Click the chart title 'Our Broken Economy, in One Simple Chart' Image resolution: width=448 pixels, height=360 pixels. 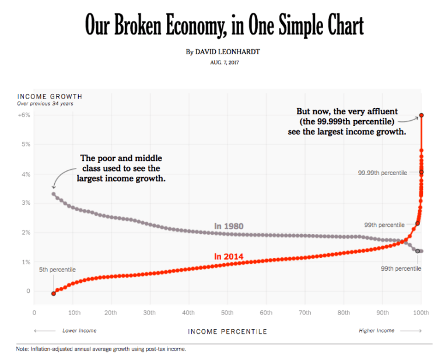(224, 26)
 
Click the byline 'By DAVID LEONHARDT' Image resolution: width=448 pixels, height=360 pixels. (223, 52)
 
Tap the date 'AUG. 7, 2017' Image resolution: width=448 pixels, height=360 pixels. (224, 62)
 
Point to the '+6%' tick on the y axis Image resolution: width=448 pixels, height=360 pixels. (24, 115)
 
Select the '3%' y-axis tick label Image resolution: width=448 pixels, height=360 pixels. (26, 203)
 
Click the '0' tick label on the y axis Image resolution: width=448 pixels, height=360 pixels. (28, 291)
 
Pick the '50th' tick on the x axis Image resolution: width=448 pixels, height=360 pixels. (228, 313)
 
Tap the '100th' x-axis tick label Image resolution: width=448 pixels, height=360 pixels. (421, 313)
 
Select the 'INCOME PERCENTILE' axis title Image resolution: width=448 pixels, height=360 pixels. (228, 331)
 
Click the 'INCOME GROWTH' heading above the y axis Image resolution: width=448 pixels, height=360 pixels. (50, 96)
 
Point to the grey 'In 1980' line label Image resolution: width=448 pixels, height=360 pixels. (229, 226)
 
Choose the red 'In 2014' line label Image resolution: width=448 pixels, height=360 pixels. (229, 256)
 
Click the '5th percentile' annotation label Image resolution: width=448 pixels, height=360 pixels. (57, 270)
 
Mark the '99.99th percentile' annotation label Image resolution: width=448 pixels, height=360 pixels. (381, 173)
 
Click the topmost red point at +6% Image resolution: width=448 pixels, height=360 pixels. (421, 116)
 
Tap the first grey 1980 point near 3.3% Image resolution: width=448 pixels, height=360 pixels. (54, 194)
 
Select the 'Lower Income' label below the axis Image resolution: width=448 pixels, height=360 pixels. (79, 331)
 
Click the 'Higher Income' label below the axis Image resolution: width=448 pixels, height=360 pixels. (376, 331)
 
